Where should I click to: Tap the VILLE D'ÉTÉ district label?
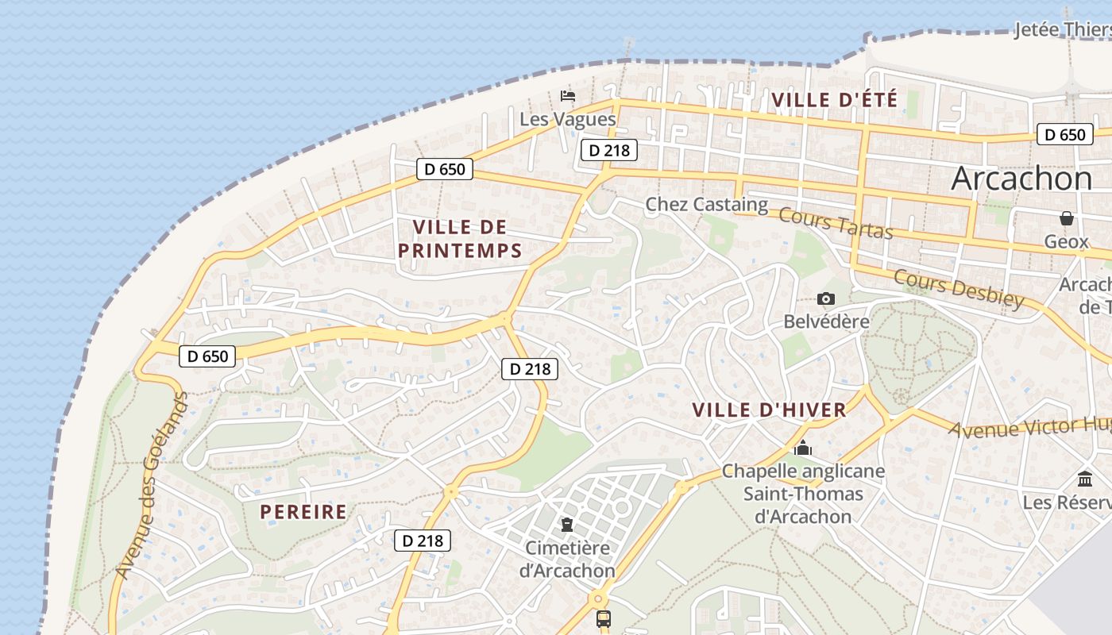click(834, 100)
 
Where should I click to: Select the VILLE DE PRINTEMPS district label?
click(460, 239)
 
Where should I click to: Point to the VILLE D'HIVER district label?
click(769, 410)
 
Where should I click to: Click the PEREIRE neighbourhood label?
click(303, 512)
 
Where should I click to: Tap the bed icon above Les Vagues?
click(568, 96)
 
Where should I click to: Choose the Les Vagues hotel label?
click(567, 119)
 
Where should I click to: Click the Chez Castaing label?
click(706, 204)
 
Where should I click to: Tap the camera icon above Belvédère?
click(826, 299)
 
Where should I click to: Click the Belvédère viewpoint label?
click(826, 321)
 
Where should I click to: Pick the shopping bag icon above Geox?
click(1067, 218)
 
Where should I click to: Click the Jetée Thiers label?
click(1063, 30)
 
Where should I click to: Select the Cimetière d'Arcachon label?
click(567, 559)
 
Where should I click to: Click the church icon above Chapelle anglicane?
click(803, 448)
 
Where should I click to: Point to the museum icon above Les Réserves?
click(1085, 479)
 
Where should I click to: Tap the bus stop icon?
click(604, 618)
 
